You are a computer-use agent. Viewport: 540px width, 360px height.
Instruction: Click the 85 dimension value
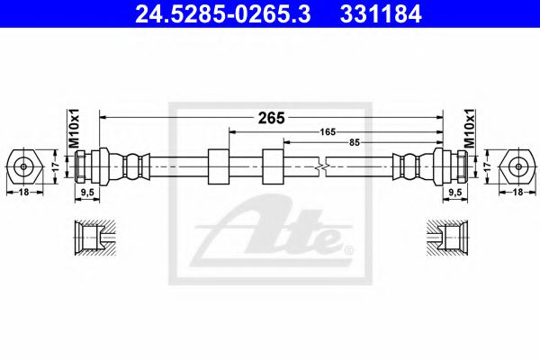[355, 141]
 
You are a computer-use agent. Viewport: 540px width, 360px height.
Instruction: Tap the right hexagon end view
[517, 166]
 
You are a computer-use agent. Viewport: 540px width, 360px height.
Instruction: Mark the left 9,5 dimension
[89, 192]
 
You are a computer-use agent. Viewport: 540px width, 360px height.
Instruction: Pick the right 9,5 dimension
[454, 192]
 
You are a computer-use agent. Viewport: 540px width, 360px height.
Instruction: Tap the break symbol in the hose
[322, 166]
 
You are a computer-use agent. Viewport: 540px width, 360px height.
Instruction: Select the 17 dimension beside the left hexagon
[55, 166]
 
